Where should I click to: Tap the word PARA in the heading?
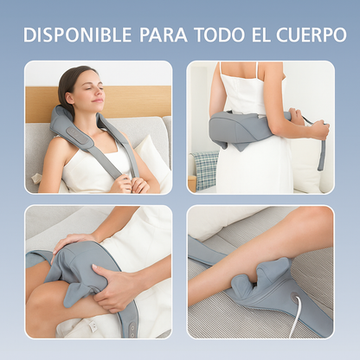pos(158,35)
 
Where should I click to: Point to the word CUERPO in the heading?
pos(309,35)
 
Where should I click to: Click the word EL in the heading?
pos(261,35)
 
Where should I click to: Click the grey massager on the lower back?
pos(242,130)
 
